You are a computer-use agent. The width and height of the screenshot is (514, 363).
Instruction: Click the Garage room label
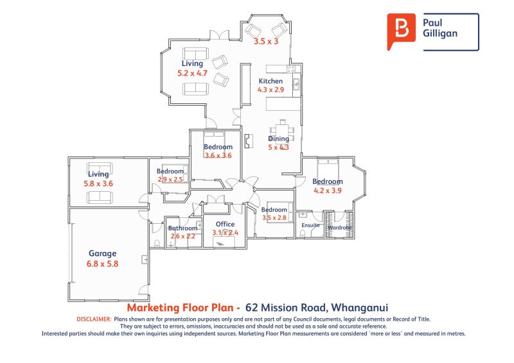click(x=103, y=253)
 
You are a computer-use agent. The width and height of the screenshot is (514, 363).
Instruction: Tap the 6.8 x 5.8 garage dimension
click(x=103, y=264)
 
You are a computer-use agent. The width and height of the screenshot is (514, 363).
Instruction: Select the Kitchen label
click(x=270, y=81)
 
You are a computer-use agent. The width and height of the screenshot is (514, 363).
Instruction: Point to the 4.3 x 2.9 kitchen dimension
click(x=270, y=90)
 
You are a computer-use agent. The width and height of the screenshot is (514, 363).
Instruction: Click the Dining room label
click(x=279, y=139)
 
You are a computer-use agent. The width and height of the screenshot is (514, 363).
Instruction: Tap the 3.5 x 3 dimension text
click(x=266, y=41)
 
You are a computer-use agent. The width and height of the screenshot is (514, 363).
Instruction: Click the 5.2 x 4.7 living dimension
click(x=192, y=74)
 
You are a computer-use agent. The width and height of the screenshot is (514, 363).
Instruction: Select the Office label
click(x=225, y=224)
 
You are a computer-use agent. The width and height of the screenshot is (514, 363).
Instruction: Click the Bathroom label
click(x=183, y=228)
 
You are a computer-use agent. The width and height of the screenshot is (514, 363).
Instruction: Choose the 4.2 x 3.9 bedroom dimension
click(x=328, y=190)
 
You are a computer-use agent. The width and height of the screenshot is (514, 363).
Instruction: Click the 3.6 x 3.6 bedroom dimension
click(x=218, y=155)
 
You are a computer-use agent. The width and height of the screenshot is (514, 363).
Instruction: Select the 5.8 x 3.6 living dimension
click(x=98, y=183)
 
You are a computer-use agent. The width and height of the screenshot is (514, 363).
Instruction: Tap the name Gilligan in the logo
click(x=440, y=33)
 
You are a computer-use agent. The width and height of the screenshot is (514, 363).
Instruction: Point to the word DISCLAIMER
click(x=94, y=319)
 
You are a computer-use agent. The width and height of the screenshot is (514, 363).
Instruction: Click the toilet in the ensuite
click(x=303, y=233)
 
